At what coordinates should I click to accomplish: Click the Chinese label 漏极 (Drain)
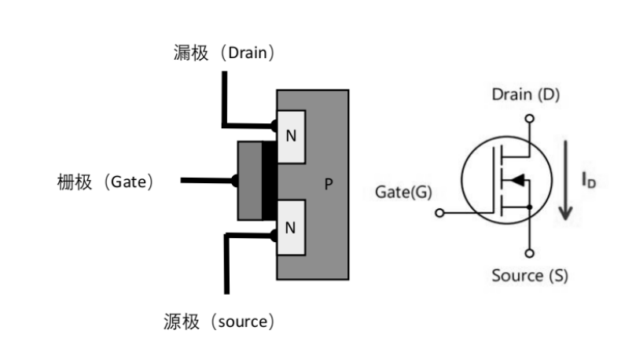click(224, 53)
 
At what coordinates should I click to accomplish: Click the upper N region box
click(291, 136)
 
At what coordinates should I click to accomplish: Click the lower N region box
click(291, 228)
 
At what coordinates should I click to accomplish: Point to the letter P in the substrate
click(329, 185)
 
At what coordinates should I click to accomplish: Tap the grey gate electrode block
click(249, 181)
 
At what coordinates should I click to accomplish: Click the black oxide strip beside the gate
click(269, 182)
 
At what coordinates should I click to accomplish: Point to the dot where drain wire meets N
click(273, 125)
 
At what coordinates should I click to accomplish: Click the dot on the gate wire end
click(234, 181)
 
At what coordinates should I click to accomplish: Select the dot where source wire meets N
click(273, 233)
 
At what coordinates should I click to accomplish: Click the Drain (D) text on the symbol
click(526, 95)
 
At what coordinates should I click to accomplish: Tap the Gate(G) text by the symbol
click(403, 192)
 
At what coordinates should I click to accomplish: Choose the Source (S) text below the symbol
click(529, 275)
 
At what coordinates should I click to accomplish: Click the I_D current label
click(588, 180)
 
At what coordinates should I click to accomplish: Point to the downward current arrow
click(566, 181)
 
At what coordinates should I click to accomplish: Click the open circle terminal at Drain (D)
click(530, 119)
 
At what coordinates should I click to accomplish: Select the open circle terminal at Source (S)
click(530, 252)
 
